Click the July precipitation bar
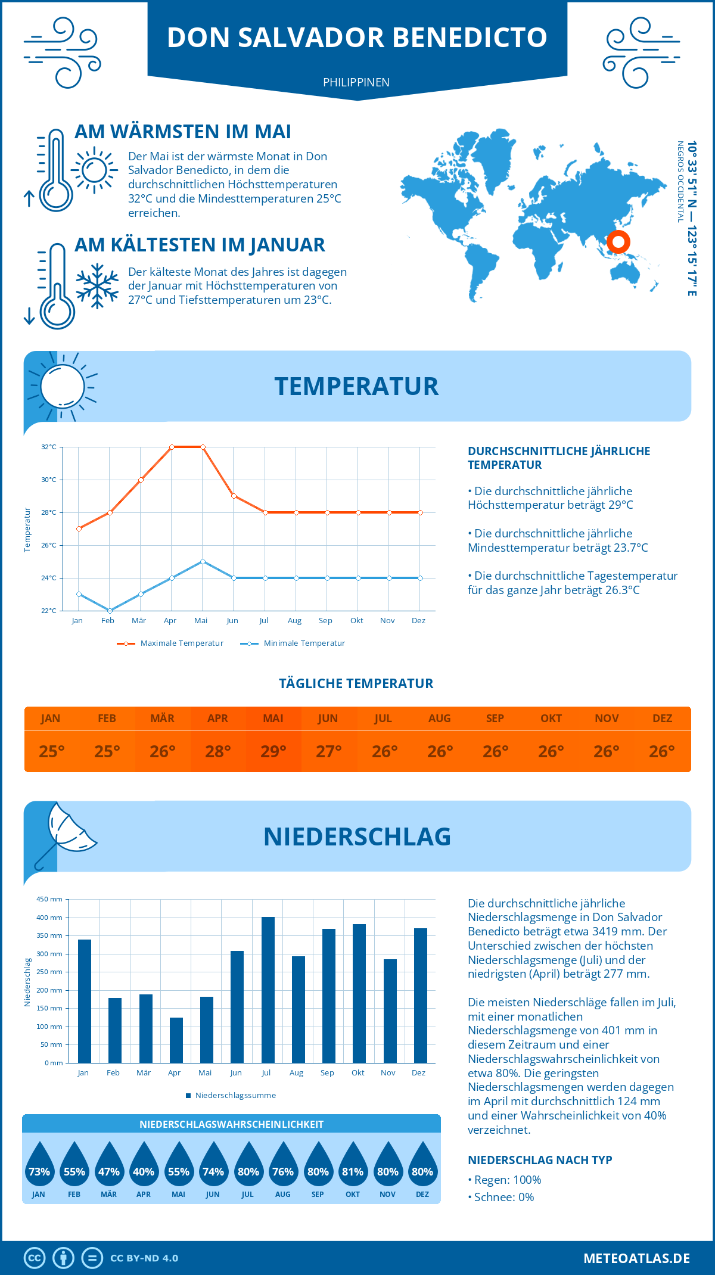(268, 990)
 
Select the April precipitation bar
(176, 1040)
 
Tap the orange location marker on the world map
(618, 242)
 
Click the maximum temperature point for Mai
(203, 447)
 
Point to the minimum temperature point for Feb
(110, 611)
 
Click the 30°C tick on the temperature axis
(49, 480)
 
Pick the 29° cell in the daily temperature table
(273, 751)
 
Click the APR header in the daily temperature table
(217, 719)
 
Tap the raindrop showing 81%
(353, 1164)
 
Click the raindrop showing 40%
(144, 1164)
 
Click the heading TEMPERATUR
(356, 386)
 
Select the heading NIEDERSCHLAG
(357, 836)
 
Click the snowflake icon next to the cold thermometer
(97, 286)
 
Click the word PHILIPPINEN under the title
(356, 82)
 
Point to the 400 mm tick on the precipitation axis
(49, 918)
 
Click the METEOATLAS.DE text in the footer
(636, 1258)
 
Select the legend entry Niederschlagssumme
(235, 1096)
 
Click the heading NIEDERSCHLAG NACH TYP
(540, 1160)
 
